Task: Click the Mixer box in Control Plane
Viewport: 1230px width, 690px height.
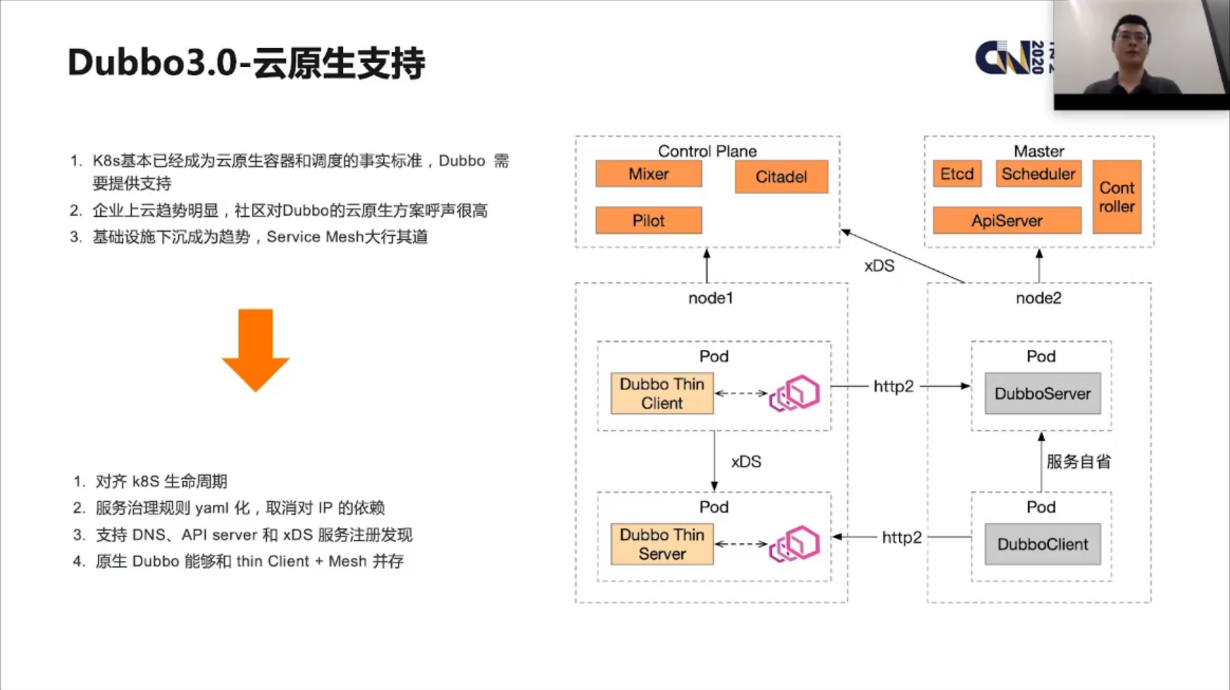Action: pos(648,174)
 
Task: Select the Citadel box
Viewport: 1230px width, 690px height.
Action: pos(781,177)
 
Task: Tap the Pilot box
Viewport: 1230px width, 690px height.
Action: pos(648,220)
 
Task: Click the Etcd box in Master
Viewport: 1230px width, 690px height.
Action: pos(957,174)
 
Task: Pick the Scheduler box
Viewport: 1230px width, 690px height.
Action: pos(1038,174)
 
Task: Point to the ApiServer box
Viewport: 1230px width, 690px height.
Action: pos(1006,220)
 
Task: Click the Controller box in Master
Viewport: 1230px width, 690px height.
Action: pos(1116,197)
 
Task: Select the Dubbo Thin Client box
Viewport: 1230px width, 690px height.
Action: pos(661,394)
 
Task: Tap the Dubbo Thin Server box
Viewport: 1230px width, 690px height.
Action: pos(661,544)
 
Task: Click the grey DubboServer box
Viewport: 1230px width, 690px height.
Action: pos(1042,394)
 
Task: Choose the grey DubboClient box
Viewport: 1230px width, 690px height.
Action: pos(1042,544)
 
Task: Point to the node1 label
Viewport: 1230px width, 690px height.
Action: pos(710,299)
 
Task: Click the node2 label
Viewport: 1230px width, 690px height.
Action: pos(1038,299)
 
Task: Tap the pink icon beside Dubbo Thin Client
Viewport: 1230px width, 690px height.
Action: pos(795,394)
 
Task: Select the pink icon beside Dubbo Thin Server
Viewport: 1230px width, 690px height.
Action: pos(795,544)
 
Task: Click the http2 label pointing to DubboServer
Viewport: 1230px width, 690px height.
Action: pos(893,387)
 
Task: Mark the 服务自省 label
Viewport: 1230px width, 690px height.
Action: pos(1078,462)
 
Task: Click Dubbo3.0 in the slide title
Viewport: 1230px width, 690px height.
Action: pos(152,63)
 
